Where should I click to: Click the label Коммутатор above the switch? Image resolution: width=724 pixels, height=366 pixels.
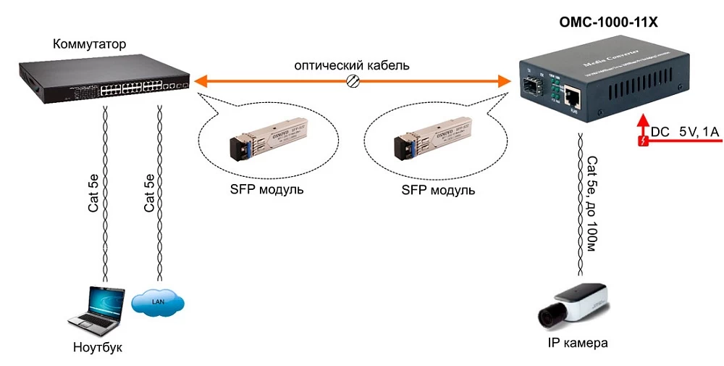[x=89, y=45]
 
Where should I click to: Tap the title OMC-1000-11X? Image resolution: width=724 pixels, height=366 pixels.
[x=608, y=23]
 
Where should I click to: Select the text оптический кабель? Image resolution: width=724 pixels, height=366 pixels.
[x=352, y=65]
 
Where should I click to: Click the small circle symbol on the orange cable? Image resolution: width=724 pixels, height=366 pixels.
[x=354, y=82]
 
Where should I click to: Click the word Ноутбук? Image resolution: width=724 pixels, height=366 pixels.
[x=98, y=347]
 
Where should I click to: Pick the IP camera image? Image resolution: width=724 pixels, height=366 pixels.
[x=576, y=304]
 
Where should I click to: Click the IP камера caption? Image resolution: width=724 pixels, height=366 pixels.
[x=577, y=343]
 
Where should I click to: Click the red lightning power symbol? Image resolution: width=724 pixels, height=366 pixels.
[x=640, y=141]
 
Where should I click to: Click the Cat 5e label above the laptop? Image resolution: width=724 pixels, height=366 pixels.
[x=93, y=193]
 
